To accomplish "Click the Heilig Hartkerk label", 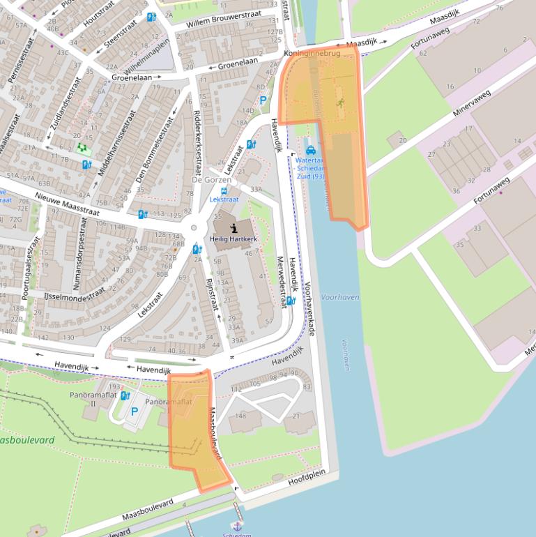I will [x=234, y=239].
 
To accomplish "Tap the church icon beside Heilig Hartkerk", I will [x=235, y=227].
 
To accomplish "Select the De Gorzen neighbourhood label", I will [x=211, y=180].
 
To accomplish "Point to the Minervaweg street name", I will [x=472, y=103].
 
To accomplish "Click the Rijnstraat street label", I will [x=211, y=298].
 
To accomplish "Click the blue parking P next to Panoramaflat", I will [x=135, y=411].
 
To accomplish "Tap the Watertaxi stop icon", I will [x=310, y=150].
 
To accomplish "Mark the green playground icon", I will [x=83, y=148].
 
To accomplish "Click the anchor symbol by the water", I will [x=237, y=525].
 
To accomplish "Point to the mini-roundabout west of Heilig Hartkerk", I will [x=194, y=228].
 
